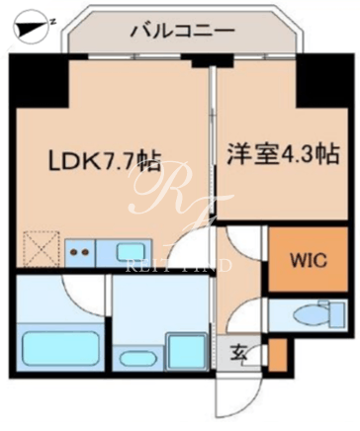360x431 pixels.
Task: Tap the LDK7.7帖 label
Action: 105,161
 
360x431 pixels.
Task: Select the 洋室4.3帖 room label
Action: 283,155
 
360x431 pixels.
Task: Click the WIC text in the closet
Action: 309,260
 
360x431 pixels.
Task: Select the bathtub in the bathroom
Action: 60,348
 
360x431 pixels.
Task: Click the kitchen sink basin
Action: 131,253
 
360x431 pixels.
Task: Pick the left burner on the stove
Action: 73,252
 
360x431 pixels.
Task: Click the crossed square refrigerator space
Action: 41,249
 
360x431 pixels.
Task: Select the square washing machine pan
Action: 186,352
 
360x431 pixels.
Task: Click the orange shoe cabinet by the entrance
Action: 276,355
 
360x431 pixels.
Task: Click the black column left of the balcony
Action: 40,81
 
